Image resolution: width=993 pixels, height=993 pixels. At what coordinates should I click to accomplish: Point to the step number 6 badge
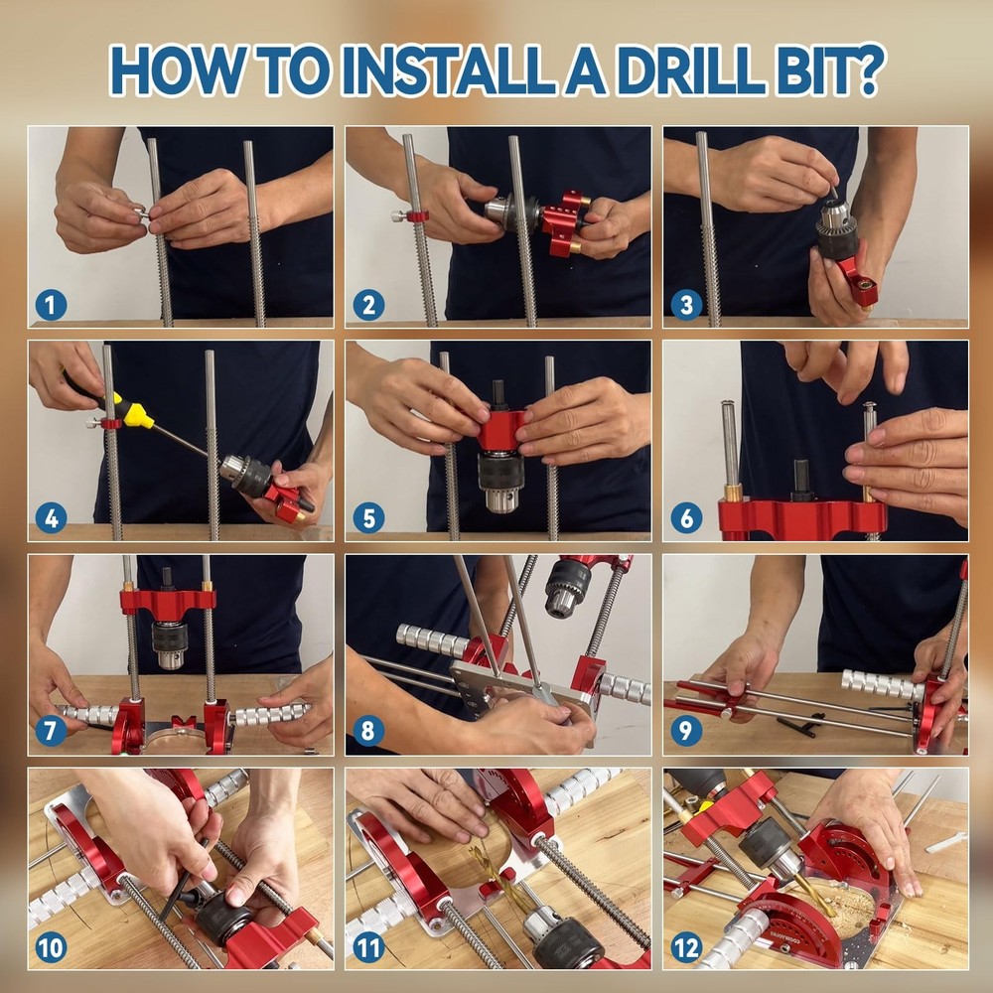686,517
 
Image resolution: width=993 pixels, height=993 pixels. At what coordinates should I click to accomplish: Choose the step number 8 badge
368,732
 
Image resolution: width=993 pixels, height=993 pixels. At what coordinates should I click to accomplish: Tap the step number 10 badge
51,946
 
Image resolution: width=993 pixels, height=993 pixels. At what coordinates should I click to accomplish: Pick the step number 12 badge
686,946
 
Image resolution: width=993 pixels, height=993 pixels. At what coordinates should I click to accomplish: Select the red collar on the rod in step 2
418,215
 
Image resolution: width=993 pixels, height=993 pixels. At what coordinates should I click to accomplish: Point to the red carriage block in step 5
501,430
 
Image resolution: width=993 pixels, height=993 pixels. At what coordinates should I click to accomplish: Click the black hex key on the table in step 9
800,722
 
